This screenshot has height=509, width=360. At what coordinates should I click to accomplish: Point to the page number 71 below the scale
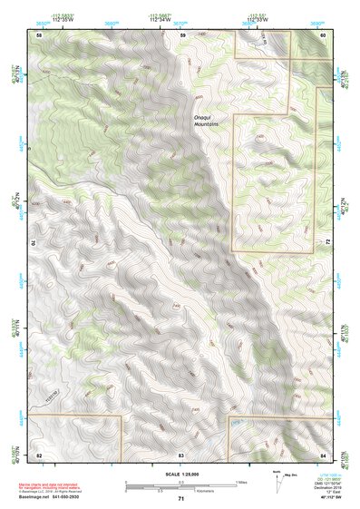[180, 499]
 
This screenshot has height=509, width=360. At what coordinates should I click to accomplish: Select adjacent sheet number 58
[38, 34]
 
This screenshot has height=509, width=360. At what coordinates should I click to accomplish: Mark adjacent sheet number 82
[38, 453]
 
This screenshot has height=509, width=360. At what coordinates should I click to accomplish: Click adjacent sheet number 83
[181, 453]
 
